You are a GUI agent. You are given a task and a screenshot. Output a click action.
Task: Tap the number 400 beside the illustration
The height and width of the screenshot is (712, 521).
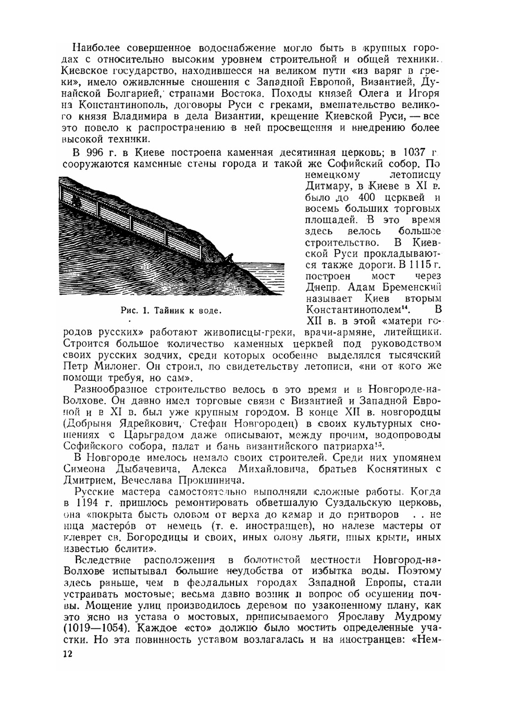coord(371,198)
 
